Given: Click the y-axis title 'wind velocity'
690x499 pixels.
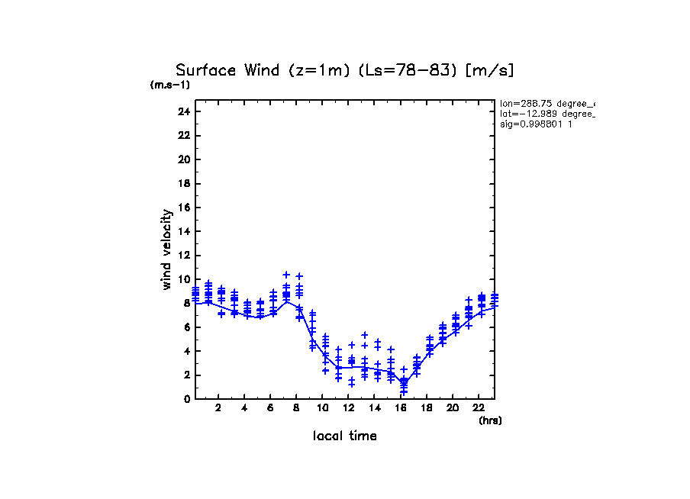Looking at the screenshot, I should pyautogui.click(x=166, y=250).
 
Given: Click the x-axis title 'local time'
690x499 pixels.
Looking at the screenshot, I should pyautogui.click(x=344, y=436).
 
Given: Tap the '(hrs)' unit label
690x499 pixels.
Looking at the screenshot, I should pyautogui.click(x=490, y=420).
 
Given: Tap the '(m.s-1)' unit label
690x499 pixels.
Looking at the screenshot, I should pyautogui.click(x=170, y=85).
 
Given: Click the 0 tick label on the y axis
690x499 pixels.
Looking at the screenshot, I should pyautogui.click(x=186, y=399).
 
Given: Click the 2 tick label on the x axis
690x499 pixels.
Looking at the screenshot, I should pyautogui.click(x=218, y=408).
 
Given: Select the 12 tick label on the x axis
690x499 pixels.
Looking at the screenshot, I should pyautogui.click(x=348, y=408).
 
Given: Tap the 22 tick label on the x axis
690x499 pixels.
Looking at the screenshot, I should pyautogui.click(x=479, y=408).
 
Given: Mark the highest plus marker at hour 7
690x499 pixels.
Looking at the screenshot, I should pyautogui.click(x=286, y=275).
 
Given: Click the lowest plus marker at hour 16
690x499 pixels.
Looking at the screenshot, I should pyautogui.click(x=404, y=391).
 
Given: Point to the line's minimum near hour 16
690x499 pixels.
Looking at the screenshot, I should pyautogui.click(x=404, y=382).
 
